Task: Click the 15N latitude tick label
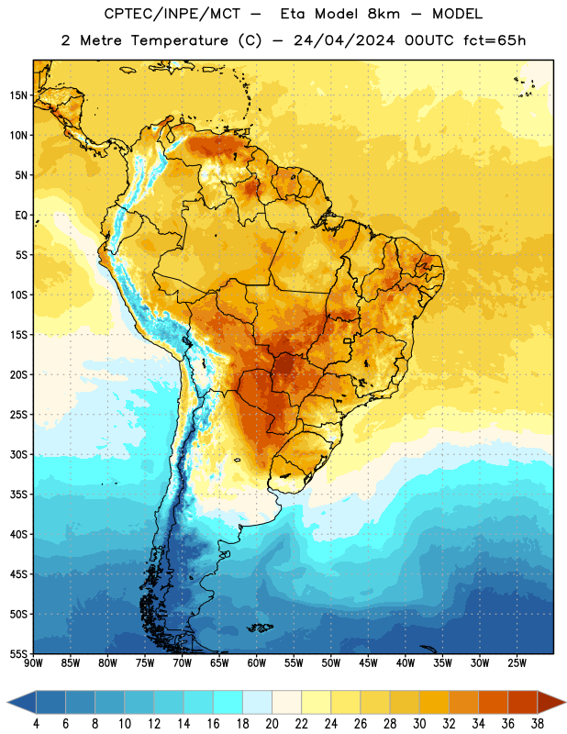[x=18, y=95]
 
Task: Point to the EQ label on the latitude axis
[x=21, y=216]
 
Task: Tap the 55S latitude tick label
[x=18, y=654]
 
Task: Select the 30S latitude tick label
[x=18, y=454]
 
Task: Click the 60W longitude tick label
[x=257, y=663]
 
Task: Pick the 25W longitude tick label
[x=517, y=663]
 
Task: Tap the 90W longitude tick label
[x=33, y=663]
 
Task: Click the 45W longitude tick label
[x=368, y=663]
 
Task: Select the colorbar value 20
[x=272, y=724]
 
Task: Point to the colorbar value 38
[x=538, y=724]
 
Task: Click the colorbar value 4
[x=36, y=724]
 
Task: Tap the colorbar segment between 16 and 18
[x=228, y=702]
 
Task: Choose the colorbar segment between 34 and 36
[x=493, y=702]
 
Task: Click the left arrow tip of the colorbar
[x=7, y=702]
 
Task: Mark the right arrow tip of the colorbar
[x=566, y=702]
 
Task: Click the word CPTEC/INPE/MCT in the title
[x=172, y=14]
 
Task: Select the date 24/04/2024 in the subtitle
[x=344, y=40]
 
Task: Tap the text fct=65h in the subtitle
[x=495, y=40]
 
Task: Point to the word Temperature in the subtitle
[x=179, y=40]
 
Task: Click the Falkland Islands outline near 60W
[x=260, y=628]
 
